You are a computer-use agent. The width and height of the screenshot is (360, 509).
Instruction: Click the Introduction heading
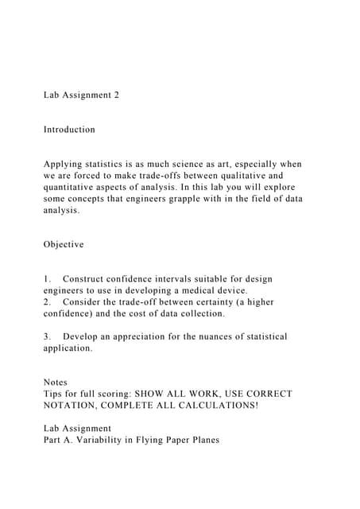pyautogui.click(x=69, y=130)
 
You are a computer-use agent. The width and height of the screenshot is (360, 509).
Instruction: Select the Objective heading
pyautogui.click(x=64, y=244)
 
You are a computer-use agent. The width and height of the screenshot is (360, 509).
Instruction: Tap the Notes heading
pyautogui.click(x=56, y=383)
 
